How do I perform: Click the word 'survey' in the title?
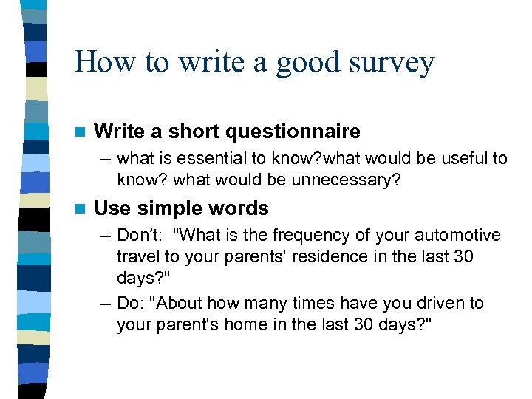point(392,64)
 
